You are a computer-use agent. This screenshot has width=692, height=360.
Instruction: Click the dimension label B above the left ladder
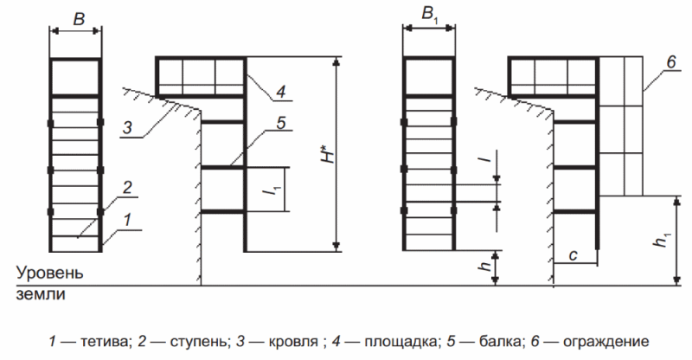pyautogui.click(x=79, y=19)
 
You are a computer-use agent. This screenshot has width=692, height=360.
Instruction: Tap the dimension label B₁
pyautogui.click(x=431, y=16)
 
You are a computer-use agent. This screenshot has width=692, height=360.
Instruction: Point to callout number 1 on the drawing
pyautogui.click(x=127, y=220)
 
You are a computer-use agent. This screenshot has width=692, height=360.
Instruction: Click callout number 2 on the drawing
pyautogui.click(x=127, y=187)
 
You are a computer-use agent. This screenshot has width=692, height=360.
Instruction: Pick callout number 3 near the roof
pyautogui.click(x=126, y=128)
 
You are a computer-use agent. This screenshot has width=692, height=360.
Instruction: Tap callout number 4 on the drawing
pyautogui.click(x=280, y=91)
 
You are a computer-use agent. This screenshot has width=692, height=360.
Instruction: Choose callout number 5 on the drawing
pyautogui.click(x=281, y=123)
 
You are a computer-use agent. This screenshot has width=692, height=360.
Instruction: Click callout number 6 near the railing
pyautogui.click(x=671, y=62)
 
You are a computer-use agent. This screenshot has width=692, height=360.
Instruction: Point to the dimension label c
pyautogui.click(x=573, y=255)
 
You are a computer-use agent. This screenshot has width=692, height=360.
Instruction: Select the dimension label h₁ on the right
pyautogui.click(x=661, y=240)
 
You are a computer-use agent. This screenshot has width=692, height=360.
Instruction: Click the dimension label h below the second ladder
pyautogui.click(x=485, y=266)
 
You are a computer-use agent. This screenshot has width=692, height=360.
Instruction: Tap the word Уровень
pyautogui.click(x=50, y=273)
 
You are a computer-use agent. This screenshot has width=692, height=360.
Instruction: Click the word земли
pyautogui.click(x=41, y=294)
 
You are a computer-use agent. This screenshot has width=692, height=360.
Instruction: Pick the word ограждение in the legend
pyautogui.click(x=606, y=342)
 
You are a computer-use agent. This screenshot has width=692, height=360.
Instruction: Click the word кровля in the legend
pyautogui.click(x=293, y=342)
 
